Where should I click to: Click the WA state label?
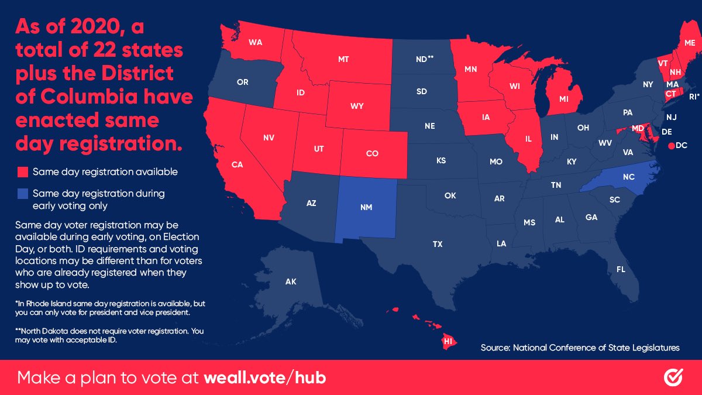point(255,43)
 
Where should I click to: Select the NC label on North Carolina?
point(612,176)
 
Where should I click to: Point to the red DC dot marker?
point(670,146)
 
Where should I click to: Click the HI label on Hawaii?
point(448,341)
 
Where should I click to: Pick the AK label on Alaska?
point(291,282)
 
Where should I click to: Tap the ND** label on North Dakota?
point(424,59)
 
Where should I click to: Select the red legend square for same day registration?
point(23,172)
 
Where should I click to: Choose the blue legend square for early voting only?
point(23,193)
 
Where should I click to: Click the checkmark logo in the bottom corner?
point(673,377)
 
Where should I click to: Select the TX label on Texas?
point(438,244)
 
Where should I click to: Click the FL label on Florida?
point(621,269)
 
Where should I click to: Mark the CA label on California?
point(237,164)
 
